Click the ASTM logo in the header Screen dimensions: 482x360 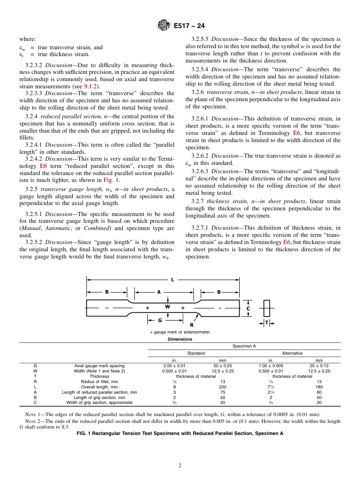164,26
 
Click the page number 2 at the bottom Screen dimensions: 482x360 180,466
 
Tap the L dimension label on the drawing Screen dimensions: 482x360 172,280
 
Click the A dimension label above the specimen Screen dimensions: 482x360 159,292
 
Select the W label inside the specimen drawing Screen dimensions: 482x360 167,306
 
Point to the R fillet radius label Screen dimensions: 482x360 192,325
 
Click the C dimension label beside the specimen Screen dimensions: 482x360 248,308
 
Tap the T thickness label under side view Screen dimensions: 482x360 267,323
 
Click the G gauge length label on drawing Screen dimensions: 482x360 160,320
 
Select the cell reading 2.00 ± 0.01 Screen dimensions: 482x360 174,366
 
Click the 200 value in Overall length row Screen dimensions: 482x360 223,387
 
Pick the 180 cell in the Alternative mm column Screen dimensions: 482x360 319,387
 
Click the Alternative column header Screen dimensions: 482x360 292,353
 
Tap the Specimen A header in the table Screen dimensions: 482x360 244,346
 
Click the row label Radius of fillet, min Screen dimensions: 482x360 99,382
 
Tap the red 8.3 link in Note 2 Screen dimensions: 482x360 65,427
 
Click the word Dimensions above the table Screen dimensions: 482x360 180,339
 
